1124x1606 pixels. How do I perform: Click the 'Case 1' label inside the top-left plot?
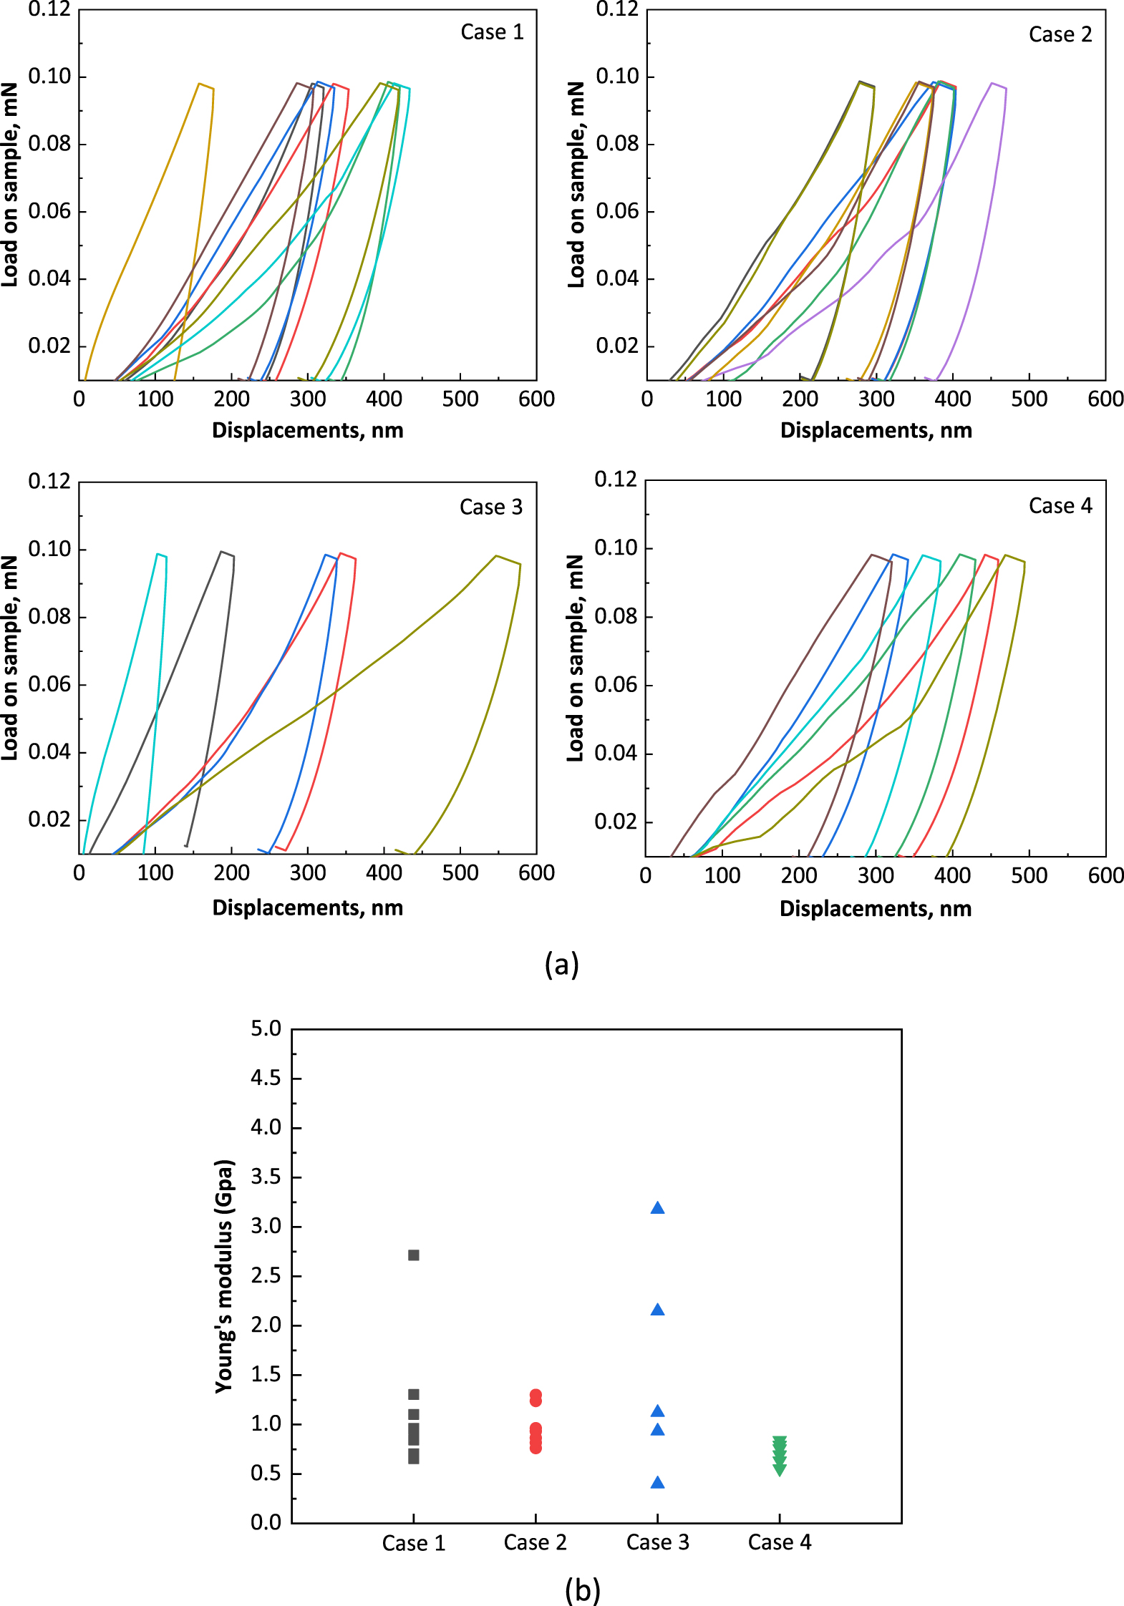pyautogui.click(x=492, y=32)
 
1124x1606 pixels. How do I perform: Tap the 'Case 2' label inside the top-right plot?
pyautogui.click(x=1060, y=34)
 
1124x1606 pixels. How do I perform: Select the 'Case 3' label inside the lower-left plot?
pyautogui.click(x=490, y=507)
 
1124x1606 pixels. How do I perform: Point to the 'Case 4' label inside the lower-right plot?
pyautogui.click(x=1060, y=506)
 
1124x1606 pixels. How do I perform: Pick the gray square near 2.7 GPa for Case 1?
pyautogui.click(x=413, y=1255)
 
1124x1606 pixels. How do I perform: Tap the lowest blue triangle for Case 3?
pyautogui.click(x=657, y=1483)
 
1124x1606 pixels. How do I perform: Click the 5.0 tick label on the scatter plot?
pyautogui.click(x=266, y=1029)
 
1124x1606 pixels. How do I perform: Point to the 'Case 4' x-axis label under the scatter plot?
pyautogui.click(x=779, y=1542)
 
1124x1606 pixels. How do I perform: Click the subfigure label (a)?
pyautogui.click(x=561, y=964)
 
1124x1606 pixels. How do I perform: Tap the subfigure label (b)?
pyautogui.click(x=582, y=1590)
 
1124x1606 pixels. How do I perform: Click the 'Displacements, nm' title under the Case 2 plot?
pyautogui.click(x=876, y=430)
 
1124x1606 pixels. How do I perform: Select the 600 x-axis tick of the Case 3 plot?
pyautogui.click(x=536, y=873)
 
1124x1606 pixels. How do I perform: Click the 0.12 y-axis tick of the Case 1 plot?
pyautogui.click(x=49, y=10)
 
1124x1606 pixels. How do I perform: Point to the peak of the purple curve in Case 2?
pyautogui.click(x=992, y=83)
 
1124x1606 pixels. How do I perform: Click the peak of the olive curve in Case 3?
pyautogui.click(x=495, y=555)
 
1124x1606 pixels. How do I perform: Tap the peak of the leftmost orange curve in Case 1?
pyautogui.click(x=199, y=84)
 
